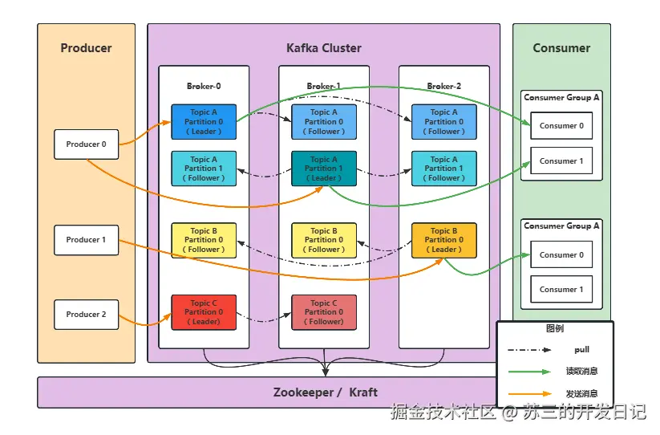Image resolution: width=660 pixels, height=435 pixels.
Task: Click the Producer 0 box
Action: point(86,144)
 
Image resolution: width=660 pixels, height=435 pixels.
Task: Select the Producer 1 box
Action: point(86,240)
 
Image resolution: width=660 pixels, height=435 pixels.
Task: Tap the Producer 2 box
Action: point(86,315)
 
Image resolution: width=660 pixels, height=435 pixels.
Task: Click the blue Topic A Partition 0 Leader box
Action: point(204,122)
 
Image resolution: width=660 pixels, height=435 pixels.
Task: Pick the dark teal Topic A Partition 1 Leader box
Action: point(324,169)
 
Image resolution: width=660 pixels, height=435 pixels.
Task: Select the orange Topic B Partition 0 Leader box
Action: point(443,240)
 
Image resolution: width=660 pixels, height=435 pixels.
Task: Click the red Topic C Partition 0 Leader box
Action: point(204,312)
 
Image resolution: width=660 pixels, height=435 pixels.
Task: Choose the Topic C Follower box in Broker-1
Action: point(324,312)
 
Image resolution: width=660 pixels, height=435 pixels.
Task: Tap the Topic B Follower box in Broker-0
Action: point(204,240)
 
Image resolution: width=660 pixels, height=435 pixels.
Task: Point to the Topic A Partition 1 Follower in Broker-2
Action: point(443,169)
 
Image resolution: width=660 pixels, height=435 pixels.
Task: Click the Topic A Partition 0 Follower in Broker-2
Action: point(443,122)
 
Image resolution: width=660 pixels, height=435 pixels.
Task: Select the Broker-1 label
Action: point(323,86)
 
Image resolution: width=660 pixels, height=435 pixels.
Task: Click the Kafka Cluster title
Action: point(323,48)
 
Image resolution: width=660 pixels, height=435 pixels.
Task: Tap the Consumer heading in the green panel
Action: point(561,48)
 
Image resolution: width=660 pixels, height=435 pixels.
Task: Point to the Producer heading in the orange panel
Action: point(86,48)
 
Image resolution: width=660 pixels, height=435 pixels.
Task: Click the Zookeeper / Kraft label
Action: point(325,392)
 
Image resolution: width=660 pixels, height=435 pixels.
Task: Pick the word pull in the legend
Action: point(581,350)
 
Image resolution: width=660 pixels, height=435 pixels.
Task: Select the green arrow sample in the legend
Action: point(529,372)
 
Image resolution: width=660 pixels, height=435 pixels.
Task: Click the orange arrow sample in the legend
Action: point(529,394)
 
